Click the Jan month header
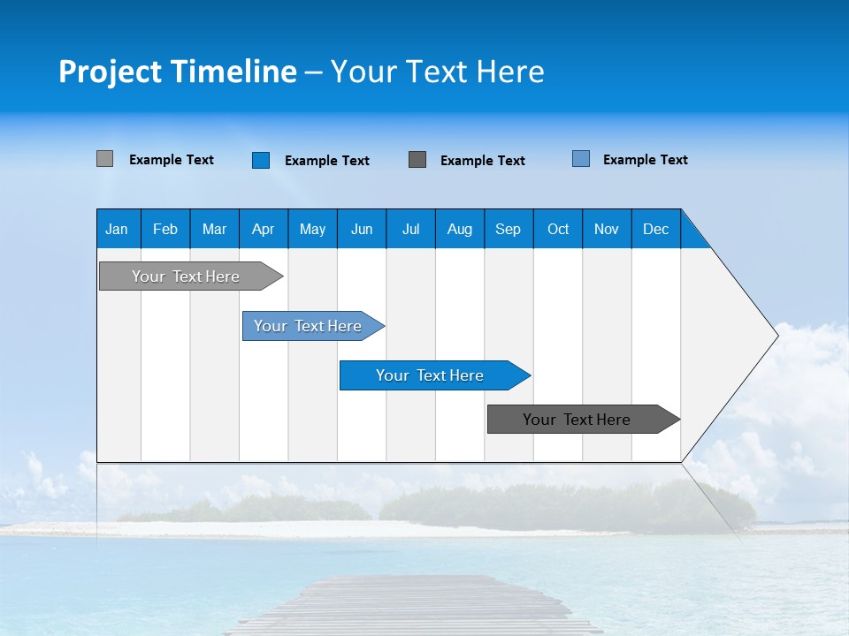click(x=117, y=229)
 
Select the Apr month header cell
click(x=263, y=229)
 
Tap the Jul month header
click(x=410, y=229)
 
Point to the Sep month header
click(x=508, y=229)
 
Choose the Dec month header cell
click(x=655, y=229)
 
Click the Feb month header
click(x=165, y=229)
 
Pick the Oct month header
click(x=558, y=229)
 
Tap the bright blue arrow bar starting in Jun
click(x=431, y=375)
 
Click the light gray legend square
click(x=104, y=159)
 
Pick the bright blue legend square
click(x=261, y=160)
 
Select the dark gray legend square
click(x=417, y=160)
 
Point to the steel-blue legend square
click(x=581, y=159)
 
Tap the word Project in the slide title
click(x=110, y=72)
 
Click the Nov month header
click(x=607, y=229)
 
